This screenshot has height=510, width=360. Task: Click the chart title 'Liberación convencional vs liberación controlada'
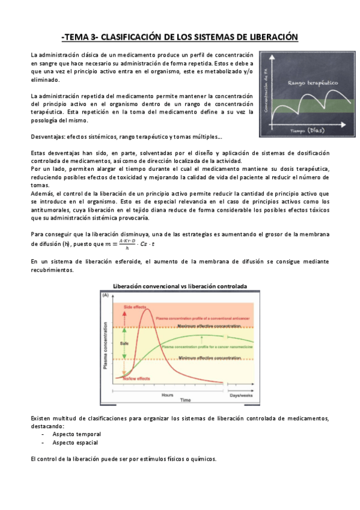click(180, 286)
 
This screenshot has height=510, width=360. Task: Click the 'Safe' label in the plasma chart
click(125, 343)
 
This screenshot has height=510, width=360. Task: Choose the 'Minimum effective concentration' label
click(209, 358)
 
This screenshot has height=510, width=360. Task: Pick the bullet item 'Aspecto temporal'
click(76, 434)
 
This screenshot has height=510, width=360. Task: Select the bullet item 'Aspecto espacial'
click(75, 442)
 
